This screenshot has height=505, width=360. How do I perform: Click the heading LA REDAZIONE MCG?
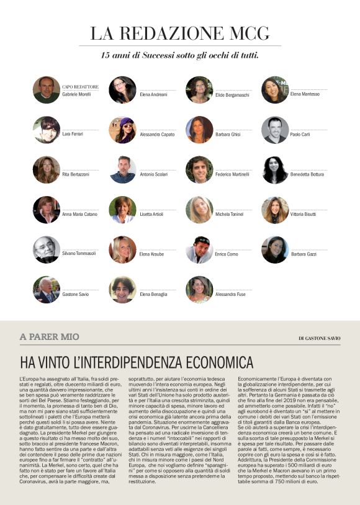pos(179,33)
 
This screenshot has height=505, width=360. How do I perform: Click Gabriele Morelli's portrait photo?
pos(47,90)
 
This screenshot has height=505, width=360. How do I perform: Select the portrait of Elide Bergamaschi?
pos(199,90)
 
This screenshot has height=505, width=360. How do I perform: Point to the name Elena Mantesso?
pos(305,94)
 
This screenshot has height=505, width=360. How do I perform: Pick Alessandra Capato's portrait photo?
pos(123,130)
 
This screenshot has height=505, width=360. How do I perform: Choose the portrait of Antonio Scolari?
pos(123,169)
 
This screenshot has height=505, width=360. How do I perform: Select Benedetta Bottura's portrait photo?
pos(275,169)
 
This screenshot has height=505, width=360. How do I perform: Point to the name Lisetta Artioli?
pos(151,214)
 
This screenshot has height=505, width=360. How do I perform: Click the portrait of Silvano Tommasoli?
pos(47,249)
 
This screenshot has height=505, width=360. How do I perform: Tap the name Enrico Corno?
pos(227,254)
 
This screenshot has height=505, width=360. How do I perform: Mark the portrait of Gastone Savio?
pos(47,289)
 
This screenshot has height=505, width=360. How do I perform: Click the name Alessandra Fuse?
pos(230,294)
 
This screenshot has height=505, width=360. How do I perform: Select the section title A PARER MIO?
pos(50,336)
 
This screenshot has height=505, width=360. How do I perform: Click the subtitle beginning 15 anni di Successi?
pos(179,55)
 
